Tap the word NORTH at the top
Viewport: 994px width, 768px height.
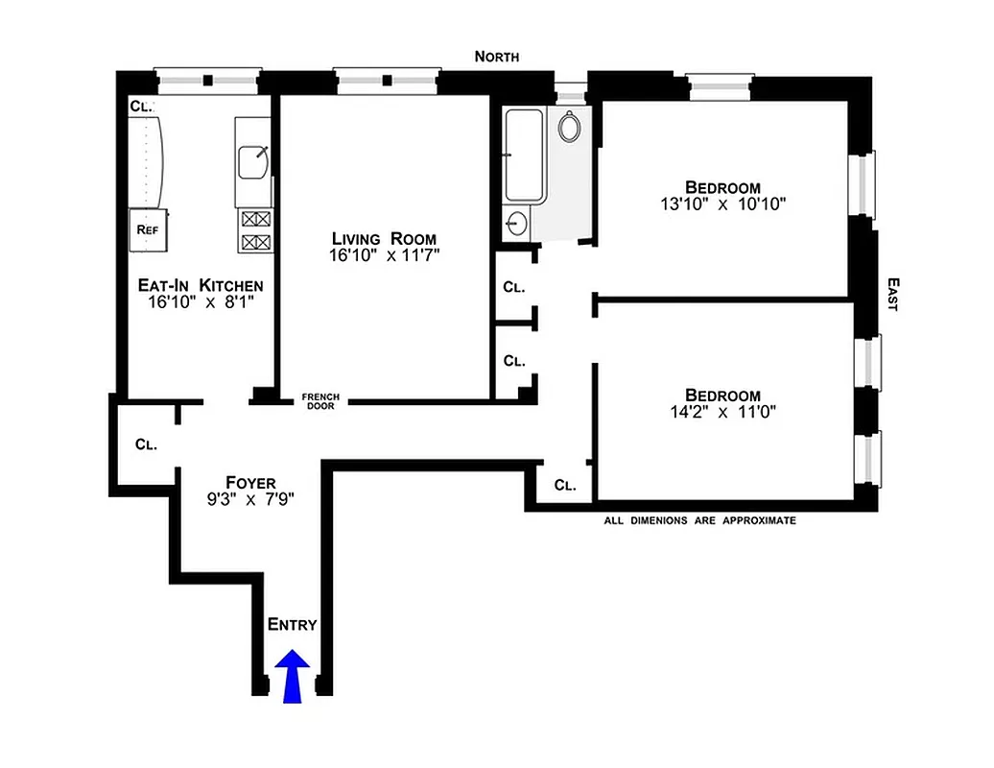pos(497,57)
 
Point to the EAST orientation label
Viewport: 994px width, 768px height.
pos(892,295)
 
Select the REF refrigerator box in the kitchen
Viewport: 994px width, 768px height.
pos(148,229)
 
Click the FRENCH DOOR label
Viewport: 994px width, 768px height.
pos(320,401)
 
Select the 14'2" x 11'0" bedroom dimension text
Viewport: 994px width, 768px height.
pos(722,413)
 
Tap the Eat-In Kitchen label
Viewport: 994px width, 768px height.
pos(200,285)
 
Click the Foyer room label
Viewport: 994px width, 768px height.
pos(250,482)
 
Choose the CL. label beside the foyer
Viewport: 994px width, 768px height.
pos(146,444)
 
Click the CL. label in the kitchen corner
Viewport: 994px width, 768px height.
pos(141,107)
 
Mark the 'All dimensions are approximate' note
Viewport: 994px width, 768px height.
pos(699,520)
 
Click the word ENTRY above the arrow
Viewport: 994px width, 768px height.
pos(292,624)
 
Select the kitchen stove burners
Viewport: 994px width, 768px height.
pos(255,230)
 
